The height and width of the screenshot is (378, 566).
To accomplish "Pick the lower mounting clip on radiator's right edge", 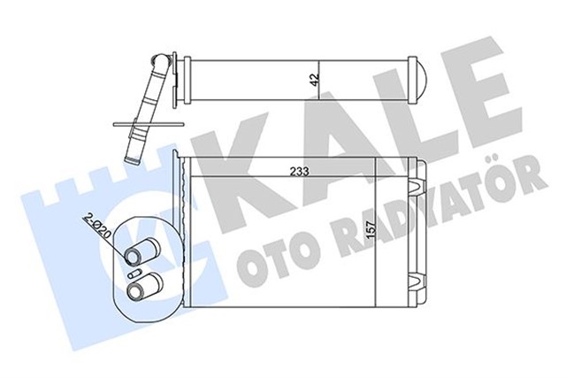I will pyautogui.click(x=413, y=282).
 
